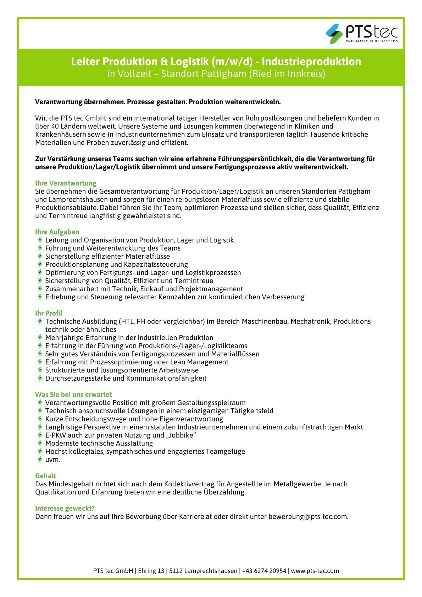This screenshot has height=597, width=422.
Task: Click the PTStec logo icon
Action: pyautogui.click(x=334, y=33)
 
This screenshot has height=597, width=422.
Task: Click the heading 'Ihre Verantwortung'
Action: pyautogui.click(x=66, y=183)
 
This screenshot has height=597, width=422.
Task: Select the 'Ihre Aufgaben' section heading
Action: pyautogui.click(x=57, y=232)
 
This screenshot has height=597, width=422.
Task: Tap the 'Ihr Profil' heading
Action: pyautogui.click(x=49, y=313)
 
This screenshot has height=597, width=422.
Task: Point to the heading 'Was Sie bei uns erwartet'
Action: pyautogui.click(x=73, y=394)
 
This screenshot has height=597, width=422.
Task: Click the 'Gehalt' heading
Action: pyautogui.click(x=45, y=476)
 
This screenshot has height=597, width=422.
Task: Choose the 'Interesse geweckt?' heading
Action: pyautogui.click(x=65, y=508)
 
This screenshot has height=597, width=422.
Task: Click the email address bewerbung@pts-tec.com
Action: pyautogui.click(x=308, y=516)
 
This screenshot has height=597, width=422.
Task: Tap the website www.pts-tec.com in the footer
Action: pyautogui.click(x=315, y=571)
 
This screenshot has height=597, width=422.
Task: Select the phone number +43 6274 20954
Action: pyautogui.click(x=264, y=571)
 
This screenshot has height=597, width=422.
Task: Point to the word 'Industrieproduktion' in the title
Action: pyautogui.click(x=311, y=62)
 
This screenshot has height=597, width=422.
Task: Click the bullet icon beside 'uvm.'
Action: pyautogui.click(x=40, y=459)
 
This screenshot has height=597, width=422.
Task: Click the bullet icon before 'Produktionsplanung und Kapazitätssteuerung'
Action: pyautogui.click(x=40, y=264)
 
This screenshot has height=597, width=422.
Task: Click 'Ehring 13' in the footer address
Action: pyautogui.click(x=151, y=571)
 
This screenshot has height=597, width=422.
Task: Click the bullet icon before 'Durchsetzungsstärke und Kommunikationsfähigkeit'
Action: pyautogui.click(x=40, y=378)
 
